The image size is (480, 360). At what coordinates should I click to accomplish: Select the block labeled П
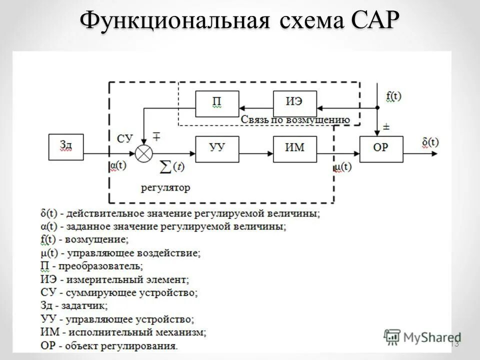[x=217, y=104]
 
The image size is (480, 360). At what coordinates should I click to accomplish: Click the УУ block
[x=217, y=148]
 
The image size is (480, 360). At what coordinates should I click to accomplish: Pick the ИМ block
[x=294, y=148]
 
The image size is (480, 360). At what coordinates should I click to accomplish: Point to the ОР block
[x=381, y=148]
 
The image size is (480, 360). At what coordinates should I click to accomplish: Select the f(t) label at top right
[x=393, y=96]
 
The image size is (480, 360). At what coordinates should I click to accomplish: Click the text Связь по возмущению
[x=294, y=120]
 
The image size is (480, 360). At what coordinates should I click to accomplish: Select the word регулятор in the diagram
[x=165, y=188]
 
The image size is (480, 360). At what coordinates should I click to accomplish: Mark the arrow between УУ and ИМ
[x=256, y=148]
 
